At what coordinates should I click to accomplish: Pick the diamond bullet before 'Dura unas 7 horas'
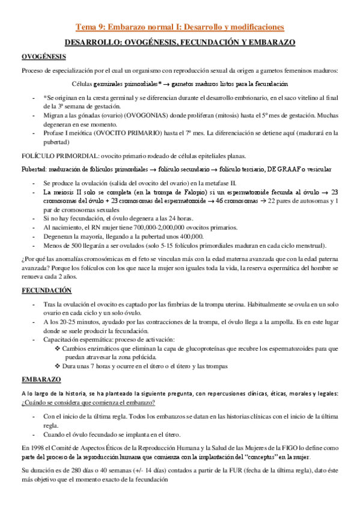[57, 366]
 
